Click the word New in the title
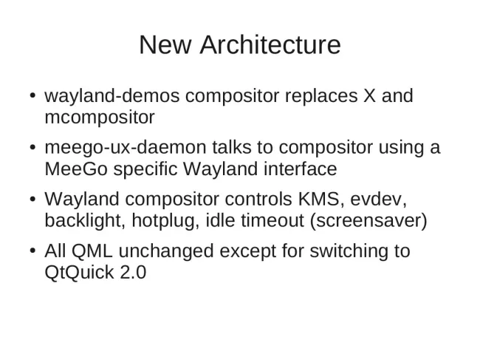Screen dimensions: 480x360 165,45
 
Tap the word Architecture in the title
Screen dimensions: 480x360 270,45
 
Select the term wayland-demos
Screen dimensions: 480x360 112,95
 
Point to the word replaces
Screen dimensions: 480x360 321,95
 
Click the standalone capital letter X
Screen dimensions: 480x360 369,95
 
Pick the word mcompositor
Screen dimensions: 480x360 100,118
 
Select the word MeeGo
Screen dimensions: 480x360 76,169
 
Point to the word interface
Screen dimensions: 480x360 301,169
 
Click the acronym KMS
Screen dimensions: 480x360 318,199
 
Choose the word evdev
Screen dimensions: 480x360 378,200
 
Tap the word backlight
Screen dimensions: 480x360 85,220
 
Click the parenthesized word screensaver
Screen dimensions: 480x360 368,221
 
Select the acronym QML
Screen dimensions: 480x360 92,251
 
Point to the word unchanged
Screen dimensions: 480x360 166,251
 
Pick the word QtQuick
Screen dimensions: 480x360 79,272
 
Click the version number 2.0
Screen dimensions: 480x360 133,272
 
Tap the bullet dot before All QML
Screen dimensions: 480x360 33,251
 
